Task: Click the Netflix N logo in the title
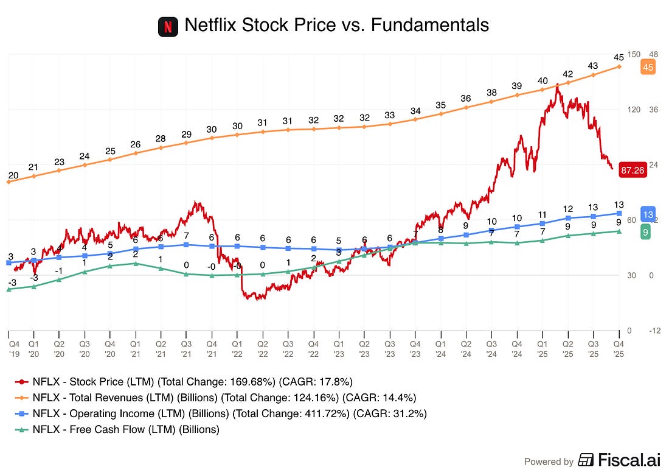coord(168,26)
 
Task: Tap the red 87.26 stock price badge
coord(633,170)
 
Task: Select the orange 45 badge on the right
coord(648,68)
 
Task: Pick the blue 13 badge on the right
coord(648,214)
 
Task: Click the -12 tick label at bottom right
coord(654,331)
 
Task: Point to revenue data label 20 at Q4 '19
coord(13,175)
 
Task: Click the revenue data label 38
coord(491,93)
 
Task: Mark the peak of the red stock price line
coord(557,85)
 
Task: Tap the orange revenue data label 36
coord(466,99)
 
